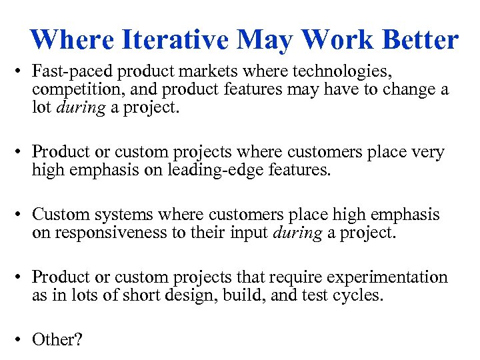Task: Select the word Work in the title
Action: [x=325, y=39]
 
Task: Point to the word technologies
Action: [x=347, y=71]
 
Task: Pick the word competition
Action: [x=71, y=90]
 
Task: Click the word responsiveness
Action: [x=117, y=233]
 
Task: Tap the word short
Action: [x=139, y=295]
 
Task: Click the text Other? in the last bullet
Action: [x=57, y=339]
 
